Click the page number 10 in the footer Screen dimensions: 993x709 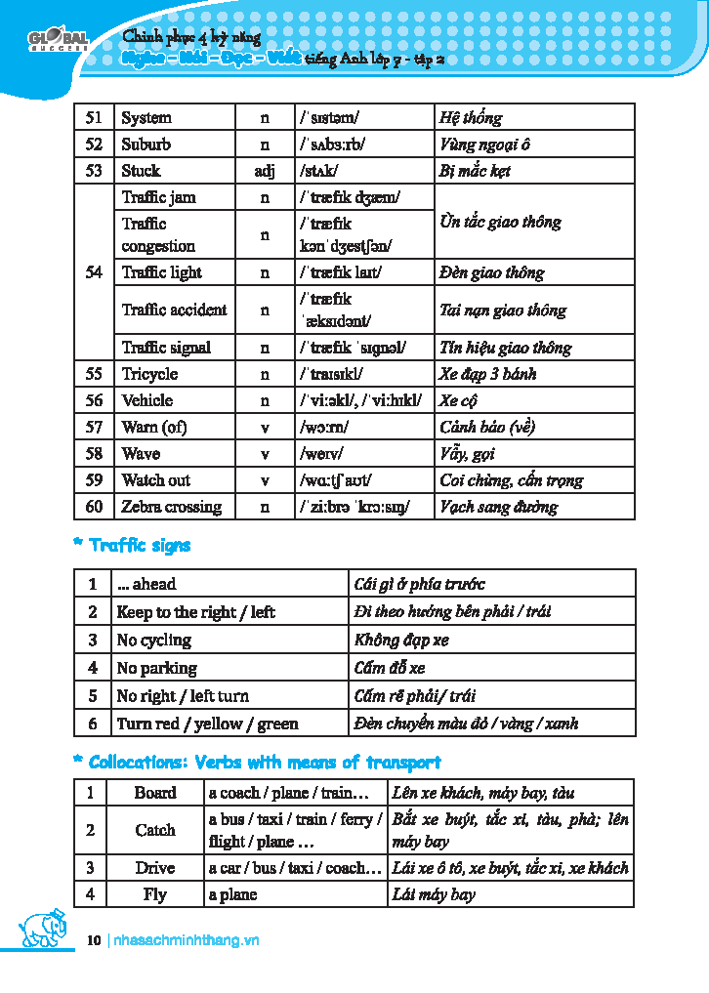click(x=94, y=940)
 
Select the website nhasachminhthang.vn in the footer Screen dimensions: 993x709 click(x=187, y=940)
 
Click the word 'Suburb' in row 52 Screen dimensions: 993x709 click(x=146, y=145)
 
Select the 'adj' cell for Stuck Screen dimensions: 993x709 click(x=265, y=171)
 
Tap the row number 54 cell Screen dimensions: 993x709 click(x=94, y=272)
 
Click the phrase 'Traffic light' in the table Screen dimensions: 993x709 click(x=162, y=272)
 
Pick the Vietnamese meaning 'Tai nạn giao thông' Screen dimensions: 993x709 click(x=503, y=310)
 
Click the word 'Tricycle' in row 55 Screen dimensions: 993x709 click(x=149, y=374)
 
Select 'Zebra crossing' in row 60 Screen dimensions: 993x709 click(x=171, y=507)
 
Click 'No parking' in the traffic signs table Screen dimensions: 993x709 click(x=156, y=669)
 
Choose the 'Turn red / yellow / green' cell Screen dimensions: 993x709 click(x=207, y=724)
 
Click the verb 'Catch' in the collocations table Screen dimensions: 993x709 click(x=155, y=831)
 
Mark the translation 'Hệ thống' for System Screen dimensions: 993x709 click(x=471, y=118)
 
